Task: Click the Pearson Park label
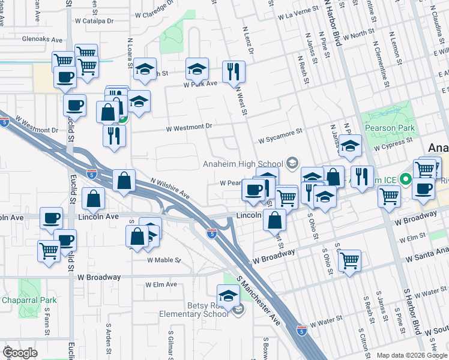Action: [388, 128]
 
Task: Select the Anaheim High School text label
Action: [243, 164]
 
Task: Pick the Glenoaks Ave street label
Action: [42, 40]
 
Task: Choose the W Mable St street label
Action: [164, 260]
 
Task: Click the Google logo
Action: [20, 353]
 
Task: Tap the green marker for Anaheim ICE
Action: [405, 179]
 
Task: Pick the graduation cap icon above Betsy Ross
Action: [228, 295]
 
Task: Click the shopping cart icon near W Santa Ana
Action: [349, 260]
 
